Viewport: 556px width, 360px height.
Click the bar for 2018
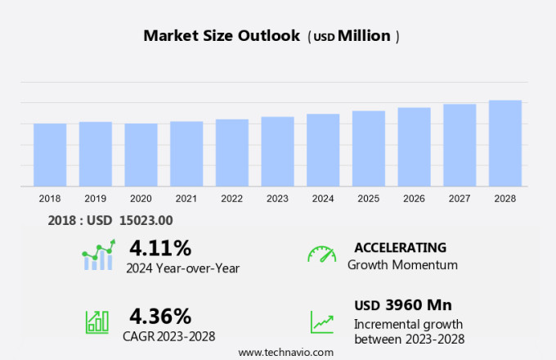click(50, 155)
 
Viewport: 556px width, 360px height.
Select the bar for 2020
click(141, 155)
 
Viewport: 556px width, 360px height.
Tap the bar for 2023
click(277, 151)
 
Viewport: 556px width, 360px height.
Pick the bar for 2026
click(414, 147)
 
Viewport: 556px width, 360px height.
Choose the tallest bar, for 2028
click(505, 143)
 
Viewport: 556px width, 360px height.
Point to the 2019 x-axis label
click(95, 198)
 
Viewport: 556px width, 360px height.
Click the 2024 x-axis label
click(323, 198)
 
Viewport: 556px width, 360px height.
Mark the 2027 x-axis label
click(460, 198)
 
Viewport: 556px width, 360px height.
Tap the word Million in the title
click(364, 36)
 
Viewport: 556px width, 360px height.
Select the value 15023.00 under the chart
click(146, 219)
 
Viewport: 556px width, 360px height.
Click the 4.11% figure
click(160, 247)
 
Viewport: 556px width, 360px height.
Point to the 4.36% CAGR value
click(160, 316)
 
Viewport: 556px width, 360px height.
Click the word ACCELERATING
click(400, 247)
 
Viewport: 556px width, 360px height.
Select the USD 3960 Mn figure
click(402, 305)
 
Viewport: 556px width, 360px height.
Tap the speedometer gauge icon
click(321, 254)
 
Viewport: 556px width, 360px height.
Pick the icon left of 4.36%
click(97, 321)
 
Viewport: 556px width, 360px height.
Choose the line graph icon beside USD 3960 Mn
click(321, 321)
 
